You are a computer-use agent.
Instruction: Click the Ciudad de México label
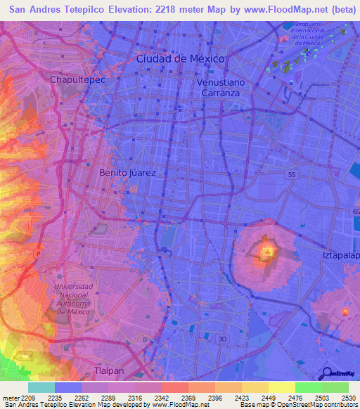(180, 59)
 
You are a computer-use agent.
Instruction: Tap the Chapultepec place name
(77, 80)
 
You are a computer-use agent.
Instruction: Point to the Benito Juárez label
(127, 172)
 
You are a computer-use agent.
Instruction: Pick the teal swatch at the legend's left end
(41, 387)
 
